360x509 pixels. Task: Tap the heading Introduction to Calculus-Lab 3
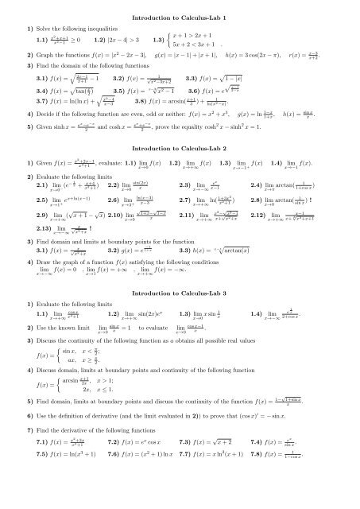[x=180, y=338]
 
